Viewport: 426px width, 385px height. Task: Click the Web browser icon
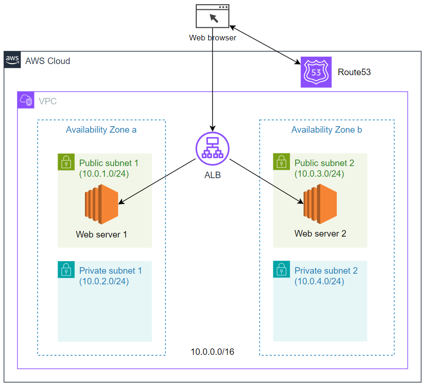coord(213,16)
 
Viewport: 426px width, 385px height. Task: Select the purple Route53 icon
coord(316,72)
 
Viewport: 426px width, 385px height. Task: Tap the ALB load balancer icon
coord(213,148)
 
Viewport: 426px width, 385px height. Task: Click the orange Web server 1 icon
coord(102,201)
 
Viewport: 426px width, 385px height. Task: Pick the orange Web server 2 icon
coord(320,201)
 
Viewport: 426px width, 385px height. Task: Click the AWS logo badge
coord(13,60)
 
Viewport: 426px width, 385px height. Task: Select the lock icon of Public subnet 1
coord(66,162)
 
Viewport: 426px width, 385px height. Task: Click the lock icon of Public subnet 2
coord(281,162)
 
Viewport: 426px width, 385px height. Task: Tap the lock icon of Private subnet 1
coord(66,269)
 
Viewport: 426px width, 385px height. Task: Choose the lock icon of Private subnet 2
coord(281,269)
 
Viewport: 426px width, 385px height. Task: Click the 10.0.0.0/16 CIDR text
coord(213,352)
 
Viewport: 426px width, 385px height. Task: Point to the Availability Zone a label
coord(101,130)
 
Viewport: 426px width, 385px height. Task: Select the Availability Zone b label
coord(327,130)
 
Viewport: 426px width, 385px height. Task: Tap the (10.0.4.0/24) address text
coord(319,281)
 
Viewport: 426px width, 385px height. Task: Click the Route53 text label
coord(354,72)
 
